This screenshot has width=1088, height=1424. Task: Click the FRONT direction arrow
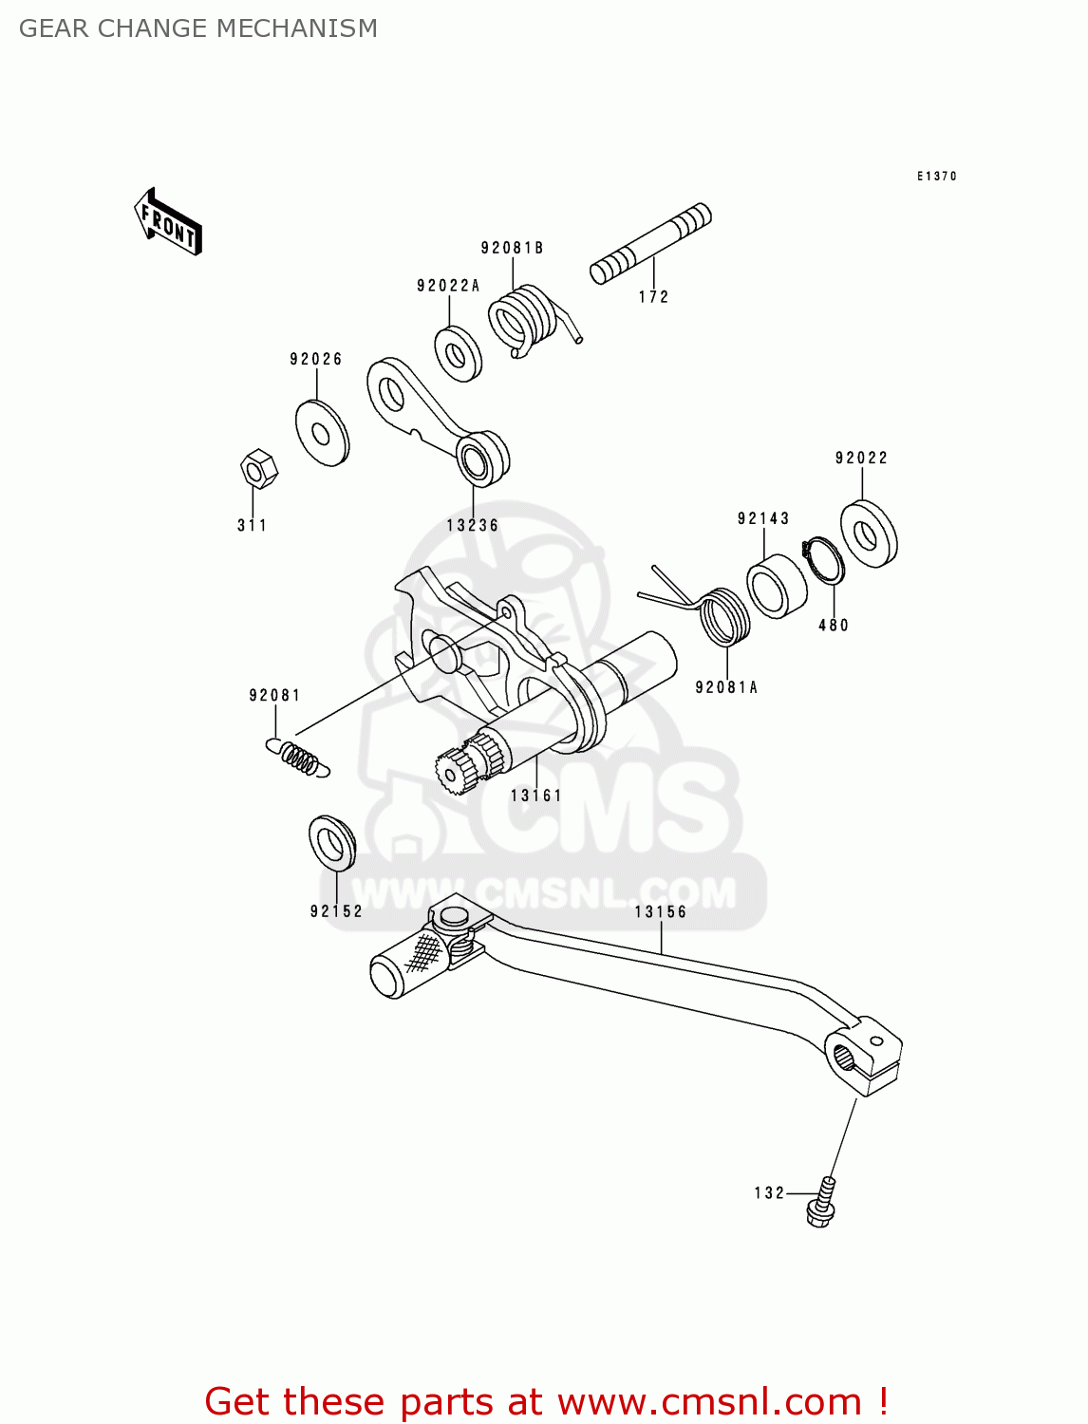click(x=168, y=222)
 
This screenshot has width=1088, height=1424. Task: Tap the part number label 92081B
click(x=512, y=248)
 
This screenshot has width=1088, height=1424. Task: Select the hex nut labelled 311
click(x=256, y=469)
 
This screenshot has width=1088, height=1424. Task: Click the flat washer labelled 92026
click(x=321, y=434)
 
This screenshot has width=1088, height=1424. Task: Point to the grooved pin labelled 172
click(x=650, y=243)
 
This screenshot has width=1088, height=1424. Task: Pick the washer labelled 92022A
click(x=458, y=354)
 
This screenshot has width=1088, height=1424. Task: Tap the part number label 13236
click(x=472, y=525)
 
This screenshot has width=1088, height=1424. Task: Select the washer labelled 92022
click(x=868, y=534)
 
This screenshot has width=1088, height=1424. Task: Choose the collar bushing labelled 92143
click(x=776, y=586)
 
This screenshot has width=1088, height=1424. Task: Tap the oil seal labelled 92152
click(x=332, y=842)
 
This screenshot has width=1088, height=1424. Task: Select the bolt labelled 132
click(x=822, y=1202)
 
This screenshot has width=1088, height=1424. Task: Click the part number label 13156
click(x=660, y=911)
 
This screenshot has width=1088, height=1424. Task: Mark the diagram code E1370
click(x=936, y=177)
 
